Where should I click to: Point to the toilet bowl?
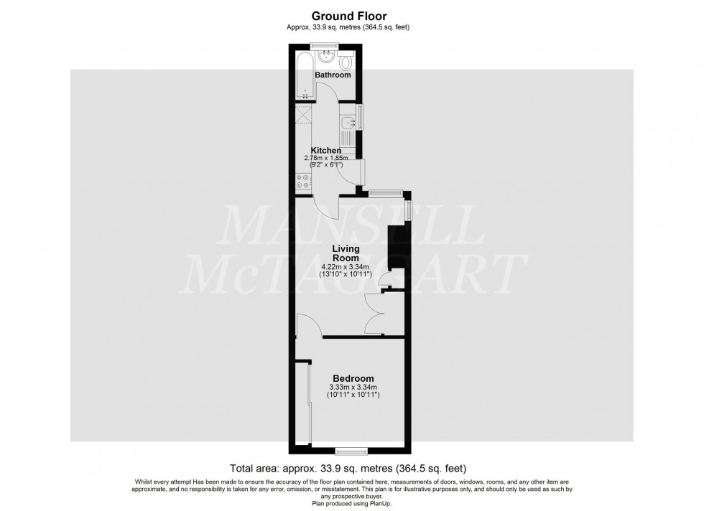click(348, 60)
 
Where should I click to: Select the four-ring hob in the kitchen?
click(301, 182)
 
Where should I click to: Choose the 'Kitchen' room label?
click(325, 150)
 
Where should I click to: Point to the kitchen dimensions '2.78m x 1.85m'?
click(325, 158)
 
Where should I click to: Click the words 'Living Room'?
click(345, 253)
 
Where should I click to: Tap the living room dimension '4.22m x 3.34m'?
click(345, 266)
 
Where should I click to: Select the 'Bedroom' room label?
click(353, 379)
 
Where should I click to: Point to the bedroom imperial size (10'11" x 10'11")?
click(353, 395)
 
